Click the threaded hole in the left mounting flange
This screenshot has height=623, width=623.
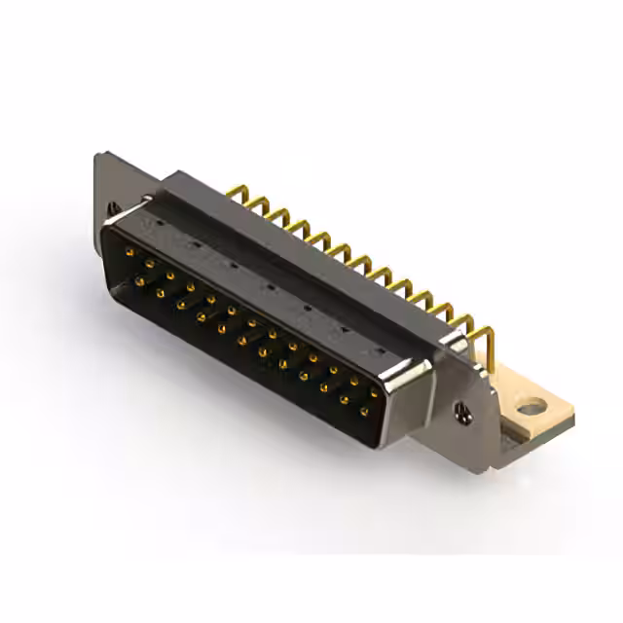point(115,207)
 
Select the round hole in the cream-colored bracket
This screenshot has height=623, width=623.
point(529,406)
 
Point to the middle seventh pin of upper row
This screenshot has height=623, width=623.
point(250,323)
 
